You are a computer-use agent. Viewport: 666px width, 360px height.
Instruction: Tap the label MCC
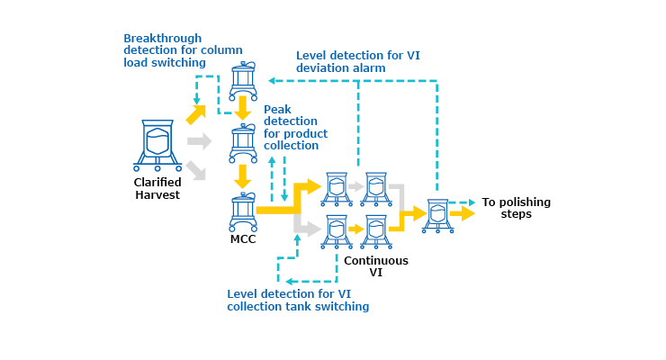point(244,238)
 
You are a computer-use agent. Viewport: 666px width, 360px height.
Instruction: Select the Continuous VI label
point(376,266)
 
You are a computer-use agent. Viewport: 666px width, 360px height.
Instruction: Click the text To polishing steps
point(516,208)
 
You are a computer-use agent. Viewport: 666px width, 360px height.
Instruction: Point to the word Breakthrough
point(161,39)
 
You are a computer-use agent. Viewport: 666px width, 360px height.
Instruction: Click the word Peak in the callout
point(277,109)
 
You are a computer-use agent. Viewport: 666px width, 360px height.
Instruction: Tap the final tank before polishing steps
point(437,215)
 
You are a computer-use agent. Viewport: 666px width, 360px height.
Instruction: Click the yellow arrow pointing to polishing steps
point(463,214)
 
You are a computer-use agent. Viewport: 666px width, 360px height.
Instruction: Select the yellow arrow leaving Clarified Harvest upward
point(195,113)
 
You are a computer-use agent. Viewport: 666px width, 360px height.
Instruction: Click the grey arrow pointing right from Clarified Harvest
point(199,141)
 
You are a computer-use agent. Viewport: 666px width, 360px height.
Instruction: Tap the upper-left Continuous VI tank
point(337,187)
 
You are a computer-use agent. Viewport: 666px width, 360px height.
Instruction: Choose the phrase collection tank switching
point(298,307)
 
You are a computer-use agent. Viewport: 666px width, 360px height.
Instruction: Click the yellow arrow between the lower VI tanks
point(356,229)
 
